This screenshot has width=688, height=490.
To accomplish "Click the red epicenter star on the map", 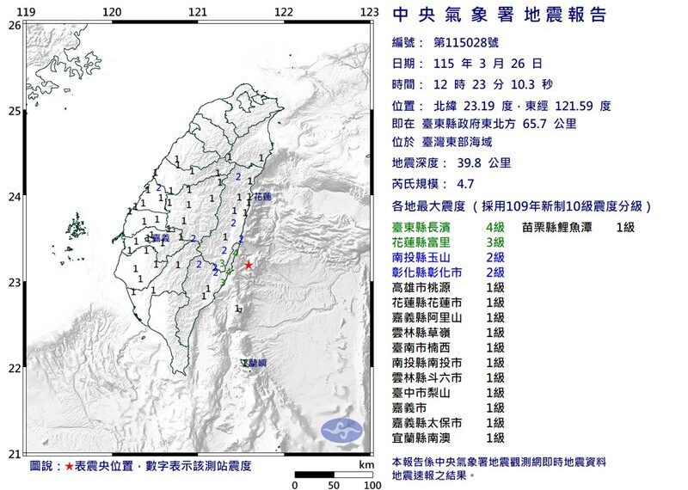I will tap(249, 265).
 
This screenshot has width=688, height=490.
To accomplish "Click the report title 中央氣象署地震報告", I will tap(499, 15).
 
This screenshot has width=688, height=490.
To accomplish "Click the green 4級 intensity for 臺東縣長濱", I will tap(494, 227).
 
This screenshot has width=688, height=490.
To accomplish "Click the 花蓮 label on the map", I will tap(261, 197).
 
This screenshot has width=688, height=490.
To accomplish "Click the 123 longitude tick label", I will tap(370, 11).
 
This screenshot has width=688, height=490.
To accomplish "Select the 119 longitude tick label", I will tap(27, 11).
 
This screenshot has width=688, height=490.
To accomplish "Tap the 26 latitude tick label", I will tap(13, 26).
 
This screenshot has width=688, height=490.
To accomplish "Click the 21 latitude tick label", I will tap(13, 454).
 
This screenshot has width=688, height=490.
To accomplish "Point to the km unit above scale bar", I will tap(367, 464).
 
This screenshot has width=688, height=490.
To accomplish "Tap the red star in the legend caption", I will tap(70, 466).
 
